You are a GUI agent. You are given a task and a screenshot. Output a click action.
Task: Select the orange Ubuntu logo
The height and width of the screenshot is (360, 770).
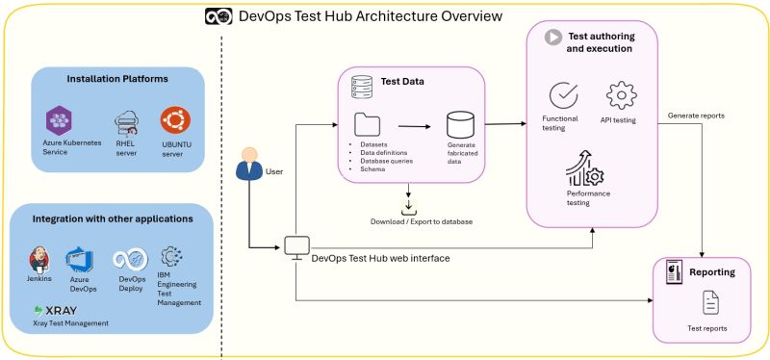(175, 120)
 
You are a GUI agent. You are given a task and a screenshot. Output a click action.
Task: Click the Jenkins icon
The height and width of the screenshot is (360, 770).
(40, 259)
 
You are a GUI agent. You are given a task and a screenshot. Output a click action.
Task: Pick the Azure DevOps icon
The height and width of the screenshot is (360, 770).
(78, 259)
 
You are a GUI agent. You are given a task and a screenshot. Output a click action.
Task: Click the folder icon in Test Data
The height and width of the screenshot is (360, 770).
(368, 125)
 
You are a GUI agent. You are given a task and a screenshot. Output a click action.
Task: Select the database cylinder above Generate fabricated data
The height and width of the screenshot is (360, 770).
(460, 125)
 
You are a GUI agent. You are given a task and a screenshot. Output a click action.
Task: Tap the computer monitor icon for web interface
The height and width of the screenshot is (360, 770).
(296, 248)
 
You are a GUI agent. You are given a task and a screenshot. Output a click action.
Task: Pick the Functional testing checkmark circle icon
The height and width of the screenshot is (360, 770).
(562, 96)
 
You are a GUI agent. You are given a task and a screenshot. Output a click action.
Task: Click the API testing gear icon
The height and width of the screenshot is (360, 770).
(621, 96)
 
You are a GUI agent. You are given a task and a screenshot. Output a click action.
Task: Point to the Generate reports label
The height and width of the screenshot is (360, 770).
(696, 116)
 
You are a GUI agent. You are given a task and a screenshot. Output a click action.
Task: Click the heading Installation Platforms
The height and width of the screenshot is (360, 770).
(117, 79)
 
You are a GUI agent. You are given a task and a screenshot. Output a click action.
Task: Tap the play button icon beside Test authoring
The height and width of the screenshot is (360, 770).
(553, 38)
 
